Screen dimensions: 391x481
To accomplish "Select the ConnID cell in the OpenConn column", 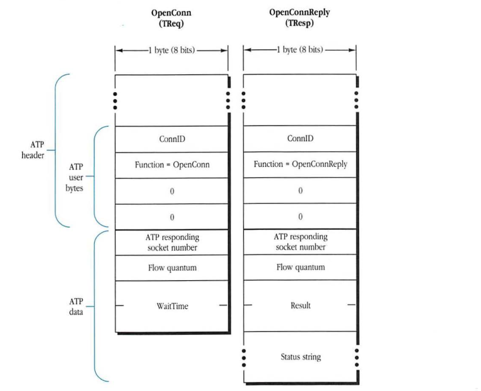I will [172, 139].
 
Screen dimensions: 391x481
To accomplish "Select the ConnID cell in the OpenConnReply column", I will [300, 139].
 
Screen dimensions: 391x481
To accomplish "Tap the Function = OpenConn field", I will [172, 165].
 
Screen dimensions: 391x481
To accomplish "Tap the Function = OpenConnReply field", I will [300, 165].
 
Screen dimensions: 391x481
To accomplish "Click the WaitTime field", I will [172, 306].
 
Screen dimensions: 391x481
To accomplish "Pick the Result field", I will [300, 306].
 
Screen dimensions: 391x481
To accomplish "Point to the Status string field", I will [300, 357].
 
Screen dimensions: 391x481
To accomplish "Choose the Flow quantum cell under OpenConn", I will [172, 268].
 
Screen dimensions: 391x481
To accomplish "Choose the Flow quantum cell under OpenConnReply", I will [300, 268].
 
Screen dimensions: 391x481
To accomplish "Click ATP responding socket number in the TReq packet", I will [172, 242].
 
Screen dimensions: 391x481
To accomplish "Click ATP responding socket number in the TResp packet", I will [300, 242].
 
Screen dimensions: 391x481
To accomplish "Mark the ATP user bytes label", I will [75, 177].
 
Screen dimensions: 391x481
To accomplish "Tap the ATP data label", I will [75, 306].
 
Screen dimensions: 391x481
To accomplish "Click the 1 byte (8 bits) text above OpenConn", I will [171, 50].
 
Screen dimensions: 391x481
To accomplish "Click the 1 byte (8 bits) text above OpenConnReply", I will [300, 50].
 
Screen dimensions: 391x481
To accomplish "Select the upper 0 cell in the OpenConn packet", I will [172, 191].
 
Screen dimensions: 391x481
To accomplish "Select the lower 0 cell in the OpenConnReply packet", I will [300, 217].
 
